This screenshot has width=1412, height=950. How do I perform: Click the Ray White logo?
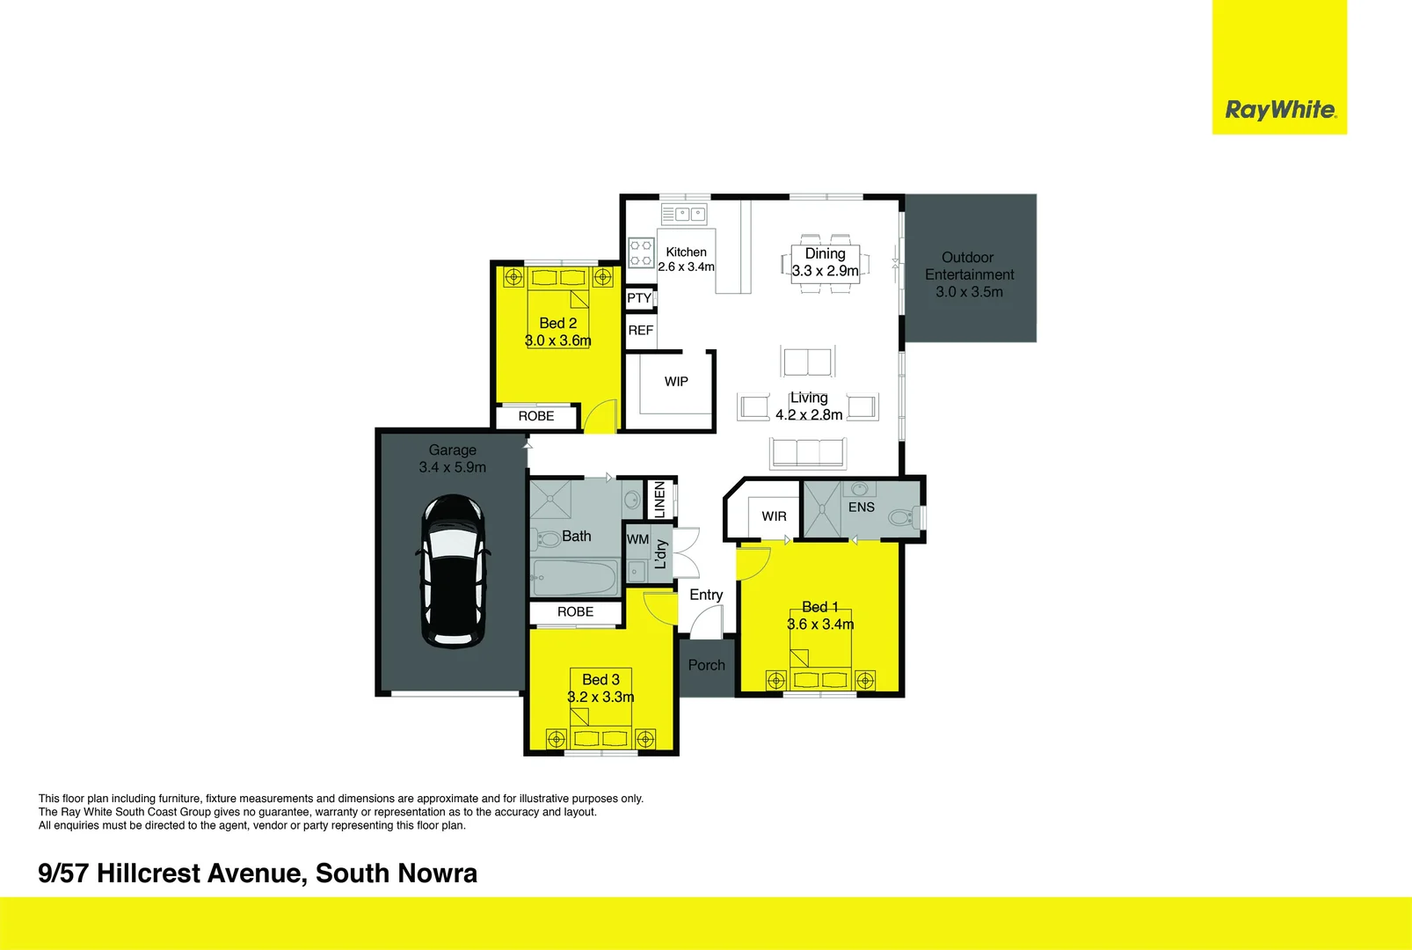(x=1280, y=110)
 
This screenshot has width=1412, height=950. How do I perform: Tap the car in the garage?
(x=453, y=572)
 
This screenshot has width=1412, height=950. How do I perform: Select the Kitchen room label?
(x=686, y=252)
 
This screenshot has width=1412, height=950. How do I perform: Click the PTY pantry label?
(x=639, y=298)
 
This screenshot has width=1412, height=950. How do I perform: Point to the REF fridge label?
(x=640, y=331)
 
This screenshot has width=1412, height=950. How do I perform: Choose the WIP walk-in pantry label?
(x=676, y=382)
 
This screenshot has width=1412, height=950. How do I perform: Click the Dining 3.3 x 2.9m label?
(x=825, y=262)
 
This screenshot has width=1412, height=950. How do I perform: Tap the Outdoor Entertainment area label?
(x=969, y=274)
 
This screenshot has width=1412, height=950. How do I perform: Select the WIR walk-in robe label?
(x=774, y=516)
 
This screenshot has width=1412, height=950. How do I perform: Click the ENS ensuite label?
(x=861, y=508)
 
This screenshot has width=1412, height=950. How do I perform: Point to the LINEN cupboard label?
(x=659, y=500)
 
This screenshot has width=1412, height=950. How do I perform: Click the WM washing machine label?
(x=637, y=539)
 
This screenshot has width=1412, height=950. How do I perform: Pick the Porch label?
(x=706, y=666)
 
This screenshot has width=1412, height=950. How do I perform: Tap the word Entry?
(x=706, y=596)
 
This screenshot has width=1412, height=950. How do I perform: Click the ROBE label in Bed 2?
(x=536, y=416)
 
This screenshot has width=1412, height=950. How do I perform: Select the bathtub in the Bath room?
(x=575, y=578)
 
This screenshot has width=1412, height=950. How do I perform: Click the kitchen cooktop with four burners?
(x=641, y=252)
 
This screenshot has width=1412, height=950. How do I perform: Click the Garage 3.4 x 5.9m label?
(x=452, y=458)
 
